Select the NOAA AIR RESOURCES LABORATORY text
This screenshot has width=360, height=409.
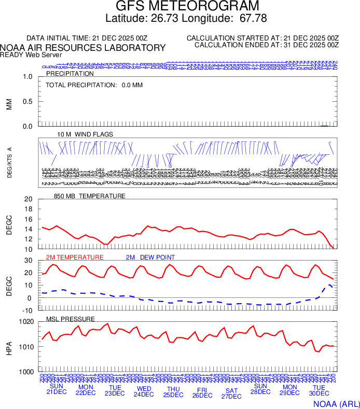83,48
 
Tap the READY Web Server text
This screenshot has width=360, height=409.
31,55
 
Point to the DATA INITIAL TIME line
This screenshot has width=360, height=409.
87,38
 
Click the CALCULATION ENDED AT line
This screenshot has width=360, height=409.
267,45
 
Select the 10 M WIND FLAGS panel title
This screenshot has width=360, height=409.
85,134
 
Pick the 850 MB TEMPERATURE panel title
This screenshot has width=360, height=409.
90,196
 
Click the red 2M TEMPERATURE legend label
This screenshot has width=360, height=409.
75,257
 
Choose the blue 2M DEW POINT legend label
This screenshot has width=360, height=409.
150,257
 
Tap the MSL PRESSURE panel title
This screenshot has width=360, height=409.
71,319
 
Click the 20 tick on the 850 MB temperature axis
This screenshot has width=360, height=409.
29,199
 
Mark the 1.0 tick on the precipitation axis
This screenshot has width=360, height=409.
28,77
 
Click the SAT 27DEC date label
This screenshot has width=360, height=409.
231,393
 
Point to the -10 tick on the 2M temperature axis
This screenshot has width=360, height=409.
28,310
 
